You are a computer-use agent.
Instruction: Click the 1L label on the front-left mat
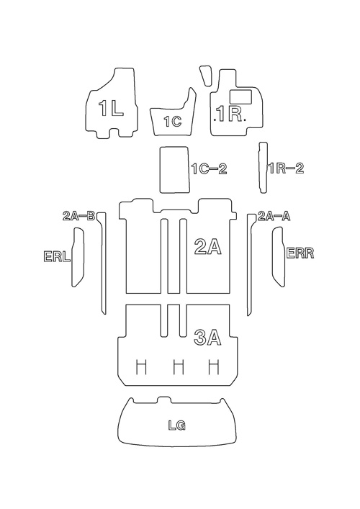click(x=111, y=108)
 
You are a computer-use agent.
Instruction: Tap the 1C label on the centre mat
click(x=172, y=122)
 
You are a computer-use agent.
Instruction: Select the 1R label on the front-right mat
click(x=230, y=114)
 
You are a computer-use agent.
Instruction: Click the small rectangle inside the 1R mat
click(x=240, y=96)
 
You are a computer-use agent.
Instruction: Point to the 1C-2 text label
click(x=210, y=168)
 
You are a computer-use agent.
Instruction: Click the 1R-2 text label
click(x=286, y=168)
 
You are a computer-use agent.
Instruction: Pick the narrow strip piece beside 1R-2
click(x=263, y=168)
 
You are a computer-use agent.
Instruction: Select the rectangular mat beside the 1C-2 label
click(x=174, y=169)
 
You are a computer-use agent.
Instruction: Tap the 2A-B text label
click(x=78, y=216)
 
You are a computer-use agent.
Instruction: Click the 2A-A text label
click(x=274, y=216)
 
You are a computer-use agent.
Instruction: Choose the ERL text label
click(x=57, y=256)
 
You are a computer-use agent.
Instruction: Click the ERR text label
click(x=300, y=253)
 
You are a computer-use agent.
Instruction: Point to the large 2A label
click(x=207, y=246)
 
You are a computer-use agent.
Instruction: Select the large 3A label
click(x=207, y=338)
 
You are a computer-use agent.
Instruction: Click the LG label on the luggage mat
click(x=177, y=425)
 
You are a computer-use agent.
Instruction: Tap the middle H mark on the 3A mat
click(x=179, y=367)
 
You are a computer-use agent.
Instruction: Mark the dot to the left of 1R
click(x=215, y=120)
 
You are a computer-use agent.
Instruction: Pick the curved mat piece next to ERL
click(x=78, y=257)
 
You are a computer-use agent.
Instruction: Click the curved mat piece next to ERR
click(x=279, y=257)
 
